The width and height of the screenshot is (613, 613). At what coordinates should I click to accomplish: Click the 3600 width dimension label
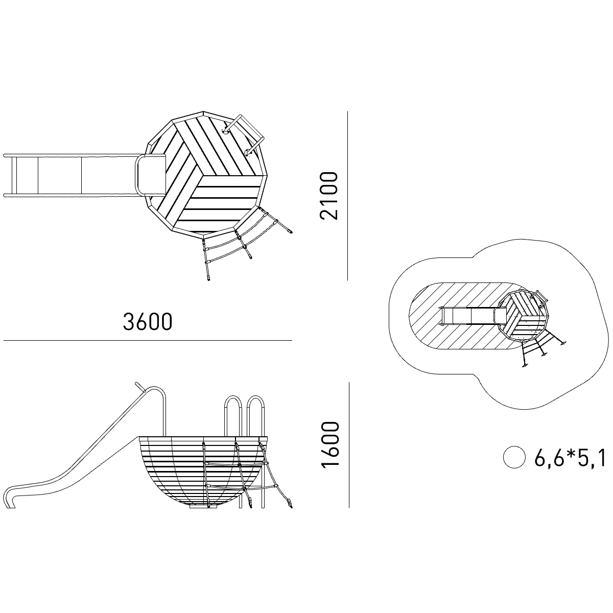pyautogui.click(x=148, y=322)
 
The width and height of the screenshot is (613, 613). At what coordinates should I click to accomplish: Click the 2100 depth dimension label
pyautogui.click(x=328, y=196)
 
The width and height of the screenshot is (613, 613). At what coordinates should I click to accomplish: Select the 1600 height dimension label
pyautogui.click(x=330, y=445)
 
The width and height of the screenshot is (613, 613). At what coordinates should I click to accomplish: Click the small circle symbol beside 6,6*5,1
pyautogui.click(x=514, y=457)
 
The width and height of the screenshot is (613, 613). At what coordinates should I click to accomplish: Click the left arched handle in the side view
pyautogui.click(x=233, y=416)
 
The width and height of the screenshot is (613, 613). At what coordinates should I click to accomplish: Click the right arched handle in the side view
pyautogui.click(x=256, y=416)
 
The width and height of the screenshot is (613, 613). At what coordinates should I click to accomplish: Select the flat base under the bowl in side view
pyautogui.click(x=204, y=506)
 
